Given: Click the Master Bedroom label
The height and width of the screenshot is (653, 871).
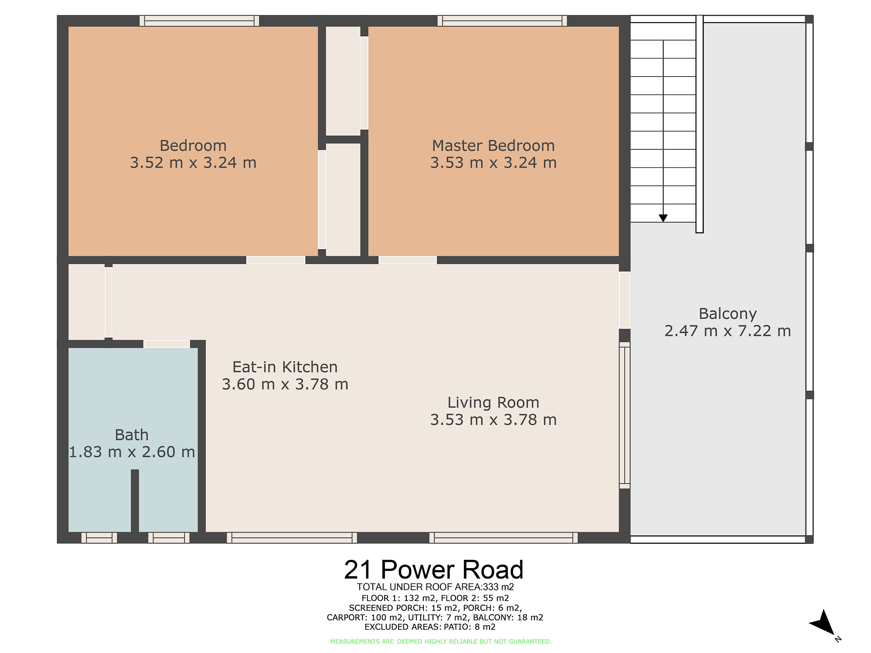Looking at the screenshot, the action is (493, 145).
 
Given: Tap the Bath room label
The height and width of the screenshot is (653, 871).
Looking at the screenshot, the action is (132, 435).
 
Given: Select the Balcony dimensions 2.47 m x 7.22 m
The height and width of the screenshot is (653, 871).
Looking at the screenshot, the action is (727, 331).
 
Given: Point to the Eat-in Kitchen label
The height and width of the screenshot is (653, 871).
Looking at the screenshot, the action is (285, 367).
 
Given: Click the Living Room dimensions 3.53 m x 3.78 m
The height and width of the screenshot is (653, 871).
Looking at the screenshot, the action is (493, 420).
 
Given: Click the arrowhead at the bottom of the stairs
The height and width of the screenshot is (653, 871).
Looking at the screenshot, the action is (663, 218).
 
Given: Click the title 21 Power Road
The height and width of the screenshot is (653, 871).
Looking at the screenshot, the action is (434, 569).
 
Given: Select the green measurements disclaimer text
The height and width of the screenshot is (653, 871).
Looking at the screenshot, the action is (441, 641).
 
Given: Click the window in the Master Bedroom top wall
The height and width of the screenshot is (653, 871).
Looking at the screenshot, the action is (502, 21).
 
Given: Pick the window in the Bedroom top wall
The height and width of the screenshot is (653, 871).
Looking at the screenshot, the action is (199, 21).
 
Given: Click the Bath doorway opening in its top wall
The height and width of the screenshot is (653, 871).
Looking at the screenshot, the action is (167, 344).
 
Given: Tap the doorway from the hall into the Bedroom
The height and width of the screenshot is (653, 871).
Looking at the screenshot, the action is (276, 260).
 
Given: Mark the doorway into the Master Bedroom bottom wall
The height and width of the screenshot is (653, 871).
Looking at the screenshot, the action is (408, 260).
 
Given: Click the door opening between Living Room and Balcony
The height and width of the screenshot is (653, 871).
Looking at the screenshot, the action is (625, 300).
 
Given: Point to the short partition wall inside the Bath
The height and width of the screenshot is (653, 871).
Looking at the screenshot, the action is (135, 501).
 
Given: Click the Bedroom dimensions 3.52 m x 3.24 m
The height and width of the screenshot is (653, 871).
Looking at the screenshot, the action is (193, 163).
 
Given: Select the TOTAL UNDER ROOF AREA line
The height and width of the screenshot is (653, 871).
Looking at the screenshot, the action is (435, 587).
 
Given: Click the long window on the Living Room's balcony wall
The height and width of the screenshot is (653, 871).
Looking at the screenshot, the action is (625, 415).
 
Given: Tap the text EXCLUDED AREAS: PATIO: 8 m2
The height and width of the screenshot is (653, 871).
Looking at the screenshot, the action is (430, 627).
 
